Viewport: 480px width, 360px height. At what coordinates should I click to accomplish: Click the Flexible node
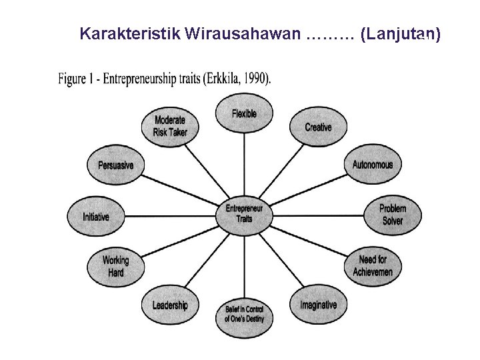[244, 113]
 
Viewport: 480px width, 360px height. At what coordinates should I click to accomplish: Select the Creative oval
[318, 126]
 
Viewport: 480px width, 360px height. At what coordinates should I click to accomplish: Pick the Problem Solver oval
[392, 215]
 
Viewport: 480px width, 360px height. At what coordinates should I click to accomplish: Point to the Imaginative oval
[318, 305]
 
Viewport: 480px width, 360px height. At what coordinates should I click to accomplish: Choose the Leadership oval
[170, 305]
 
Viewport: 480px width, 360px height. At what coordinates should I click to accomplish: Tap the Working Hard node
[116, 266]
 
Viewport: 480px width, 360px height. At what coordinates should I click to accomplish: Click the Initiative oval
[96, 217]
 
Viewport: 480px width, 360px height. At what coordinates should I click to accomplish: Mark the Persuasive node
[116, 165]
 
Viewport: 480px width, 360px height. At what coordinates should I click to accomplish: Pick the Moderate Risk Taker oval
[170, 126]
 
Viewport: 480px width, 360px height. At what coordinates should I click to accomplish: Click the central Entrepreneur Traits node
[244, 213]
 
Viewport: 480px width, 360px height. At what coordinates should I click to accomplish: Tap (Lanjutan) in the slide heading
[399, 34]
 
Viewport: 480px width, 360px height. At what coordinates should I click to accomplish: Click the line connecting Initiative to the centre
[167, 215]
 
